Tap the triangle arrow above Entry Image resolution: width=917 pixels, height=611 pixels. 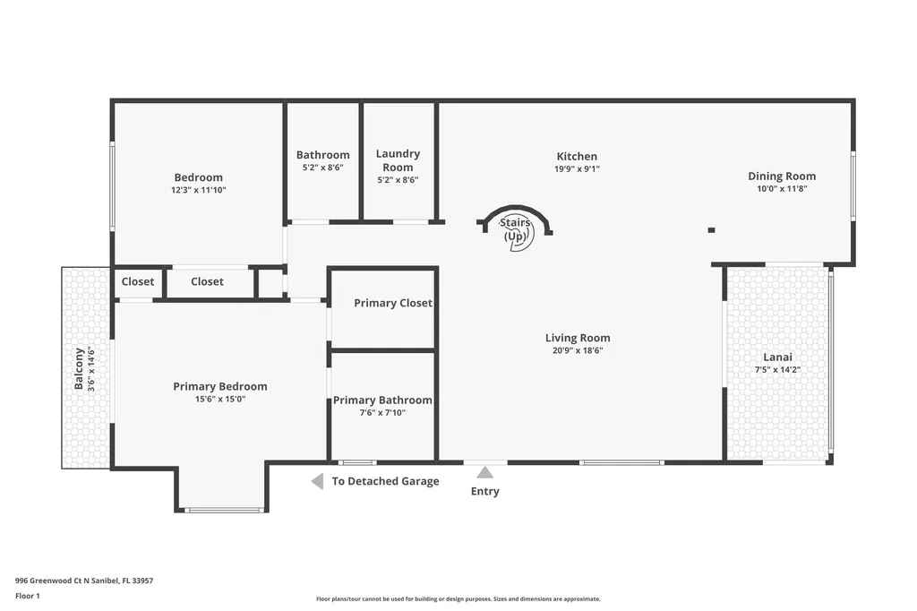coord(484,472)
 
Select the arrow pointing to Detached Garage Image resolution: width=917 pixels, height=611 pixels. coord(317,482)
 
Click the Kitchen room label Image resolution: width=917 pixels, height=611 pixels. coord(576,156)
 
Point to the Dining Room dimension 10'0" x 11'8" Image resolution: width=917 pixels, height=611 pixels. coord(782,189)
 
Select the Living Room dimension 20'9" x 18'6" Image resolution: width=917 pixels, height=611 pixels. coord(578,350)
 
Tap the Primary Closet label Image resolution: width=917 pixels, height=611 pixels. coord(392,303)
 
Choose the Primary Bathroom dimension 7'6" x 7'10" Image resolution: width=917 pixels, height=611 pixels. coord(382,413)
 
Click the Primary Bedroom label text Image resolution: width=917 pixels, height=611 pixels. coord(220,386)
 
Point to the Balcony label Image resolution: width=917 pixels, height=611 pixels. coord(79,368)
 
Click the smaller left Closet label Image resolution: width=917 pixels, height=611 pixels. coord(138,281)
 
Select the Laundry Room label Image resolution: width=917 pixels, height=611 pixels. coord(398,160)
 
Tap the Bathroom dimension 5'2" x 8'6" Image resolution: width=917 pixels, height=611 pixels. coord(322,168)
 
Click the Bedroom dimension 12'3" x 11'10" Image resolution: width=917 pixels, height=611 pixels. coord(199,190)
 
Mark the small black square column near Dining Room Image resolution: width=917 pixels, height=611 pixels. coord(711,230)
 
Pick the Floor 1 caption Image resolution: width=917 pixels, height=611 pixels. coord(28,596)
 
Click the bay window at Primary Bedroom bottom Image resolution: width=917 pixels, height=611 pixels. coord(224,511)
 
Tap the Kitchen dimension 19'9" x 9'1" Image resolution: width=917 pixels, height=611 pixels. coord(576,168)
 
